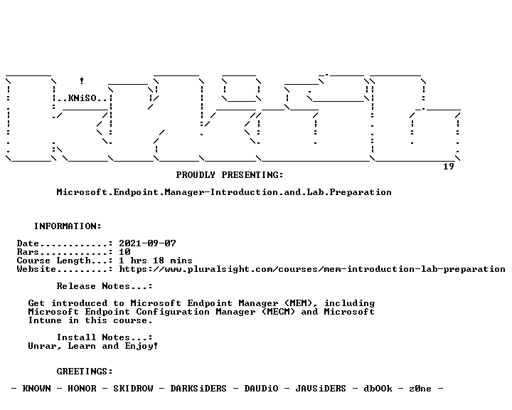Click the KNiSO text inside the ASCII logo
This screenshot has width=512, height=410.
pyautogui.click(x=82, y=98)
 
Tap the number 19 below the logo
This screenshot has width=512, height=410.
pyautogui.click(x=448, y=167)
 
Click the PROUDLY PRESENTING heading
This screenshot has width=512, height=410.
pyautogui.click(x=230, y=175)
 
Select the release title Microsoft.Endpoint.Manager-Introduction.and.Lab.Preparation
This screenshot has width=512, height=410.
pyautogui.click(x=224, y=192)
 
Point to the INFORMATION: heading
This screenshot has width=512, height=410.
pyautogui.click(x=68, y=226)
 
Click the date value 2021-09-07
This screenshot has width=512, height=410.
pyautogui.click(x=147, y=243)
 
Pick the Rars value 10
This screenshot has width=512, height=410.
pyautogui.click(x=124, y=252)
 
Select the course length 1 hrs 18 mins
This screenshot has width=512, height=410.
pyautogui.click(x=156, y=261)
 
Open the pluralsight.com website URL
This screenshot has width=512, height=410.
pyautogui.click(x=312, y=269)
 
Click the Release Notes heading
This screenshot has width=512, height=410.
pyautogui.click(x=105, y=286)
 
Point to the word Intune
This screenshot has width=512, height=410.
pyautogui.click(x=45, y=320)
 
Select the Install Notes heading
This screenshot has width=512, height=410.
pyautogui.click(x=105, y=337)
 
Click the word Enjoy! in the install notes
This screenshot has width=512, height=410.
pyautogui.click(x=142, y=346)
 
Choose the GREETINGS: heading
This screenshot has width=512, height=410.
pyautogui.click(x=85, y=372)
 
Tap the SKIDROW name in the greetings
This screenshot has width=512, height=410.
pyautogui.click(x=133, y=389)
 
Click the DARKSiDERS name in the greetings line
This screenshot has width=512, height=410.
pyautogui.click(x=198, y=389)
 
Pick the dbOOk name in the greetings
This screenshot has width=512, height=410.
pyautogui.click(x=378, y=389)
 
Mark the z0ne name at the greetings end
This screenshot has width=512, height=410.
pyautogui.click(x=420, y=389)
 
